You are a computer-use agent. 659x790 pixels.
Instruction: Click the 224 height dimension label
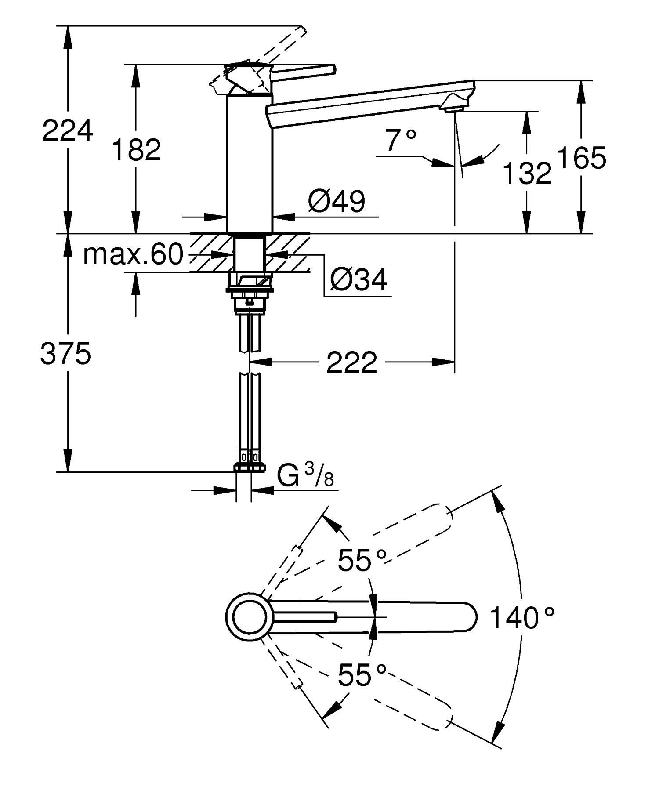tap(68, 130)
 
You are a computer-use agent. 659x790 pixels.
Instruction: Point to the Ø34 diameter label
tap(359, 279)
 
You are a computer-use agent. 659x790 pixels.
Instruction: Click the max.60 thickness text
tap(133, 254)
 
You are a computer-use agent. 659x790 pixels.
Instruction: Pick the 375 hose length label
tap(65, 354)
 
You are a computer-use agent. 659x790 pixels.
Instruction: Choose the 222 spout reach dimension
tap(351, 362)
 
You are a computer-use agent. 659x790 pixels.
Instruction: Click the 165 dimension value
tap(582, 158)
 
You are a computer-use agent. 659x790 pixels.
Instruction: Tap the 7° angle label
tap(401, 140)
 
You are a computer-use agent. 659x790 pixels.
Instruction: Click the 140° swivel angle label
tap(522, 617)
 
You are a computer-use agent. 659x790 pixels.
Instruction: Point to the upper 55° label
tap(362, 560)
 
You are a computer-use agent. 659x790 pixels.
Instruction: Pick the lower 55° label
tap(362, 675)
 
